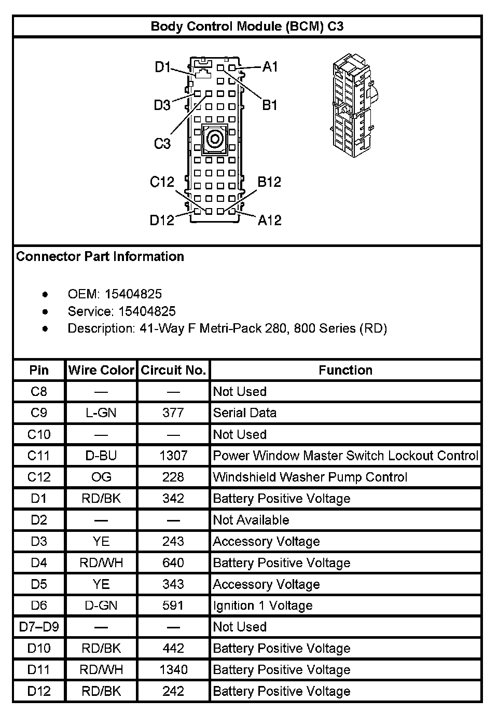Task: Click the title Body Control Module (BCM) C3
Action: pyautogui.click(x=247, y=26)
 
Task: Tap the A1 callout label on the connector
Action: pyautogui.click(x=270, y=66)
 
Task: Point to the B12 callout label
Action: pyautogui.click(x=269, y=182)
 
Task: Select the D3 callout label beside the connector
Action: pyautogui.click(x=162, y=105)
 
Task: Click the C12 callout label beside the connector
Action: pyautogui.click(x=162, y=182)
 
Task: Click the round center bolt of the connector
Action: pyautogui.click(x=214, y=139)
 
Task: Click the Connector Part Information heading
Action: pyautogui.click(x=100, y=256)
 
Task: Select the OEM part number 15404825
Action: pyautogui.click(x=133, y=294)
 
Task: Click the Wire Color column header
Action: pyautogui.click(x=101, y=370)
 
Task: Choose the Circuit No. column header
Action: pyautogui.click(x=173, y=370)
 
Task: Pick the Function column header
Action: pyautogui.click(x=345, y=370)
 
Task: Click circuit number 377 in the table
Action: pyautogui.click(x=173, y=413)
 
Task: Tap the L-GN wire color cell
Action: pyautogui.click(x=101, y=413)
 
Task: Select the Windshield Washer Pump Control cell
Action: pyautogui.click(x=310, y=477)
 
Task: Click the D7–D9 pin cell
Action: pyautogui.click(x=39, y=627)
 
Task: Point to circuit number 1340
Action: pyautogui.click(x=173, y=669)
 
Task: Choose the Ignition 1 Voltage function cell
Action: pyautogui.click(x=263, y=606)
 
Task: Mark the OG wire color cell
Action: pyautogui.click(x=101, y=477)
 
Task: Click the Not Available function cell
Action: pyautogui.click(x=251, y=520)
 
